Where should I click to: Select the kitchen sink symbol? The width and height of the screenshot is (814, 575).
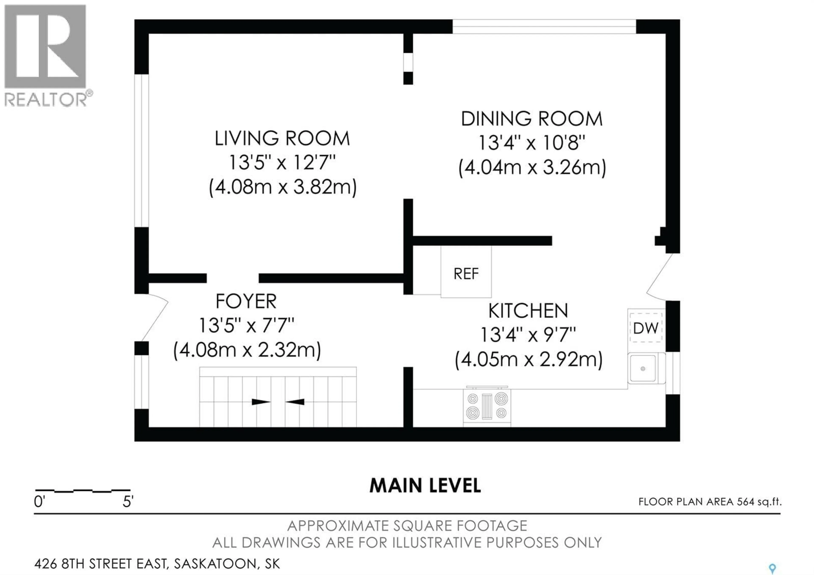(643, 369)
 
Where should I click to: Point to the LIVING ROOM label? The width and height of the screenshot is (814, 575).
(282, 139)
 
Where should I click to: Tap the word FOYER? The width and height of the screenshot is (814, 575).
(246, 302)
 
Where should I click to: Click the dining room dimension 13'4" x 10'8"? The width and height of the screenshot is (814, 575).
(531, 143)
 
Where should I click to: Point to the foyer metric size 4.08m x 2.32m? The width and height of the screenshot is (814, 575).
(247, 350)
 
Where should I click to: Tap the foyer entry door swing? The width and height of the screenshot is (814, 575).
(155, 317)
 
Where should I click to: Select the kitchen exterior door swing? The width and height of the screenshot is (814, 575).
(659, 276)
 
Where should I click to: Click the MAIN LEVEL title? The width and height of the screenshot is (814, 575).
(425, 486)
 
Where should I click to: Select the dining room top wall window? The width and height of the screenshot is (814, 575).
(544, 27)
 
